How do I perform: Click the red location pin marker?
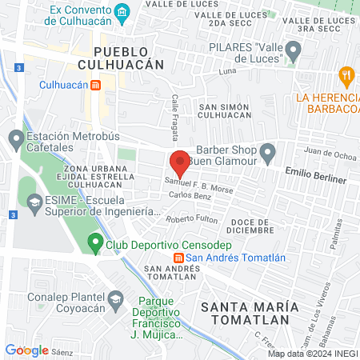[181, 163]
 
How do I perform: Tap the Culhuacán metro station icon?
[95, 84]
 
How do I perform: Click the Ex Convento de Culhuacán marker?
[122, 11]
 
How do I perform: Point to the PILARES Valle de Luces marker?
[294, 53]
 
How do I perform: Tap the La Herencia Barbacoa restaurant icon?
[346, 78]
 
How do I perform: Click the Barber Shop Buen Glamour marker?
[267, 151]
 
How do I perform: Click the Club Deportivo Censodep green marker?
[95, 241]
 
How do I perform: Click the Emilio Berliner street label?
[316, 175]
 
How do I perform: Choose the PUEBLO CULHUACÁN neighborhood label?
[122, 57]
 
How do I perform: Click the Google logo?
[26, 350]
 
